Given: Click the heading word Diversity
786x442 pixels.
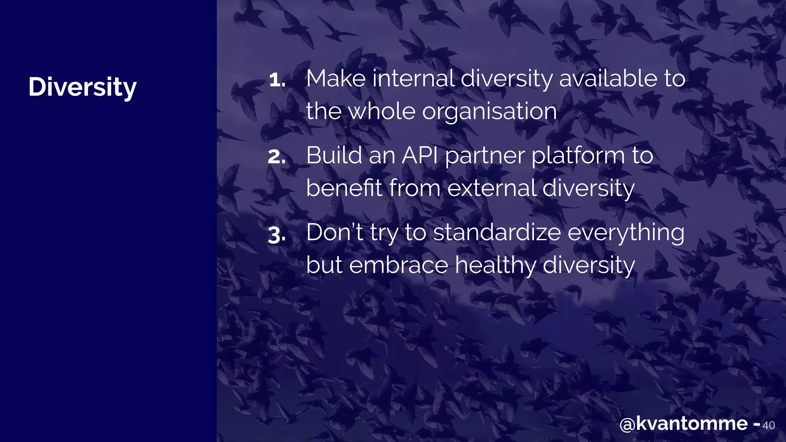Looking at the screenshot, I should pos(82,87).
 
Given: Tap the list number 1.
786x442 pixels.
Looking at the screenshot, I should pos(276,80).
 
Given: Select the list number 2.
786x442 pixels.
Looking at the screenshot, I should pos(276,157).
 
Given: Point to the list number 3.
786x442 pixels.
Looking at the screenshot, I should pos(276,234).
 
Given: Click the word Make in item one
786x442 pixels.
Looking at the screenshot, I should pos(336,79).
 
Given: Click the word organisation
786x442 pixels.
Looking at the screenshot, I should pos(489,112).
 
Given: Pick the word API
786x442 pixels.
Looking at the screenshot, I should pos(420,156).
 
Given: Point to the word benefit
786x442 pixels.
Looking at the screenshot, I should pos(344,188).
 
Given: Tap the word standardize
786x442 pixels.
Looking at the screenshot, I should pos(497,233).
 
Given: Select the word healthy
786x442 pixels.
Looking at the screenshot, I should pos(495,266).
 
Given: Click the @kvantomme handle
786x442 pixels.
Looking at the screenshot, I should pos(684,424).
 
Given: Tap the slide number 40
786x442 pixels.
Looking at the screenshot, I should pos(768,426).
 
